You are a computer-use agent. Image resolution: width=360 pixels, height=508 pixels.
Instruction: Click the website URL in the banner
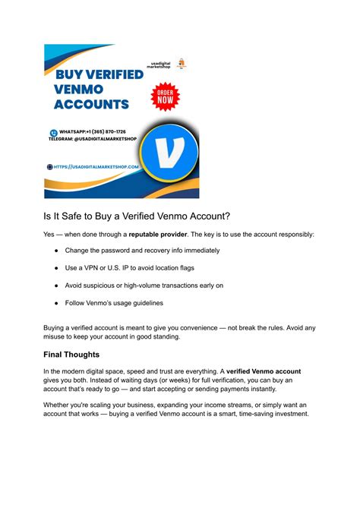pos(96,166)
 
